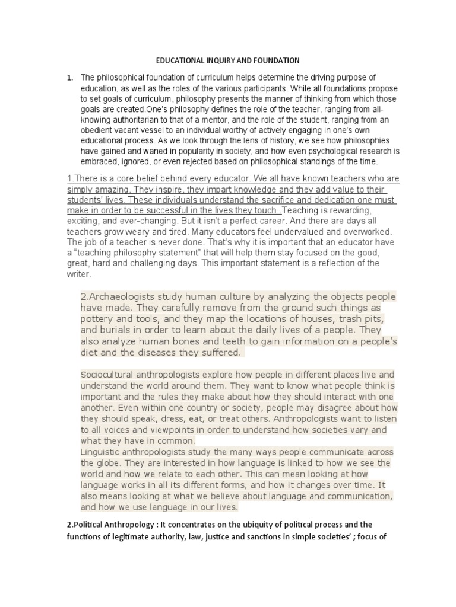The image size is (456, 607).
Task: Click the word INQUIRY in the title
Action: [217, 60]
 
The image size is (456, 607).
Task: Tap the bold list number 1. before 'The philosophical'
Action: [70, 78]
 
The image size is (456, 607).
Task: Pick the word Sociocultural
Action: [107, 375]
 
